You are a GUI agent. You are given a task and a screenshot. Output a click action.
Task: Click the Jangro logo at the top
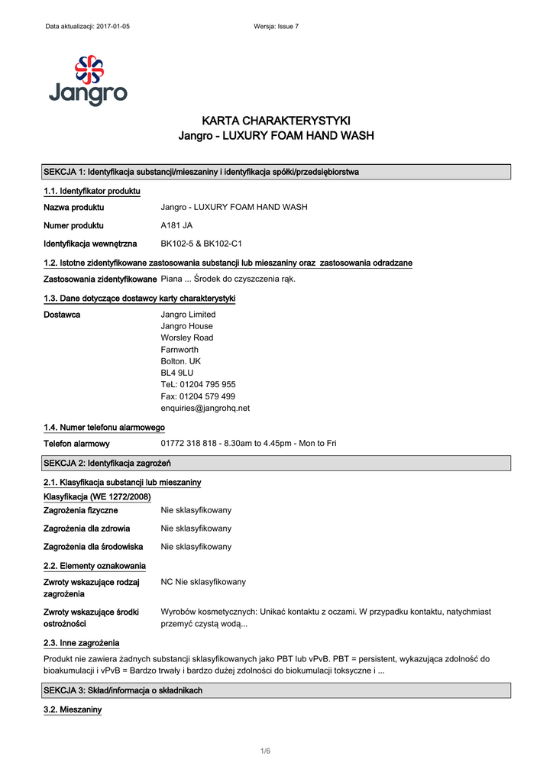(x=88, y=80)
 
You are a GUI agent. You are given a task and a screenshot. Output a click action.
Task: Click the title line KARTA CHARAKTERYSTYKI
(x=276, y=121)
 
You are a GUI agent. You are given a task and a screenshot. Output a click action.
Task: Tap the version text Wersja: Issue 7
(x=276, y=27)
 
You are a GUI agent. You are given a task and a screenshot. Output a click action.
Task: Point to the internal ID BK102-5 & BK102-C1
(x=201, y=244)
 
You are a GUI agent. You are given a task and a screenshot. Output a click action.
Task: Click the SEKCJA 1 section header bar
(x=276, y=172)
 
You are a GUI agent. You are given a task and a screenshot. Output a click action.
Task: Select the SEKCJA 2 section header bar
(x=276, y=463)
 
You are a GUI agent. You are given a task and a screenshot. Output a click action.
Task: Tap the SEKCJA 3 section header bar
(x=276, y=690)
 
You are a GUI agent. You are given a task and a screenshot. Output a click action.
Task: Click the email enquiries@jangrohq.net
(x=205, y=408)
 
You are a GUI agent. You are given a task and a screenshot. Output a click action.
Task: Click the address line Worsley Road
(x=186, y=338)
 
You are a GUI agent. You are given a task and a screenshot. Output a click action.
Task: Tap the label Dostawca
(x=62, y=315)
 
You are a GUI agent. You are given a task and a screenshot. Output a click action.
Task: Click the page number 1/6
(x=265, y=751)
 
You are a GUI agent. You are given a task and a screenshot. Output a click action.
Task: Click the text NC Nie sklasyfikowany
(x=203, y=582)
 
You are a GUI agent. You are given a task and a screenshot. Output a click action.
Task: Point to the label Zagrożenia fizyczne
(x=80, y=509)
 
